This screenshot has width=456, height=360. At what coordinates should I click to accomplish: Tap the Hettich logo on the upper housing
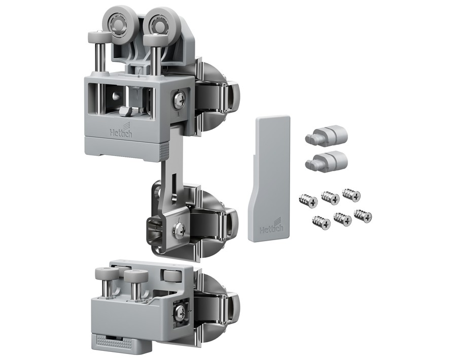121,130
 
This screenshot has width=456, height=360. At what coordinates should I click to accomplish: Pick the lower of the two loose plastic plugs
326,161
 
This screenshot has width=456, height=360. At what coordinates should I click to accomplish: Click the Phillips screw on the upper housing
180,100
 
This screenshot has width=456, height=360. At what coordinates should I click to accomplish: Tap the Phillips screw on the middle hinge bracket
180,230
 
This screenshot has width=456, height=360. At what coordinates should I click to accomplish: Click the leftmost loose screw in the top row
308,201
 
